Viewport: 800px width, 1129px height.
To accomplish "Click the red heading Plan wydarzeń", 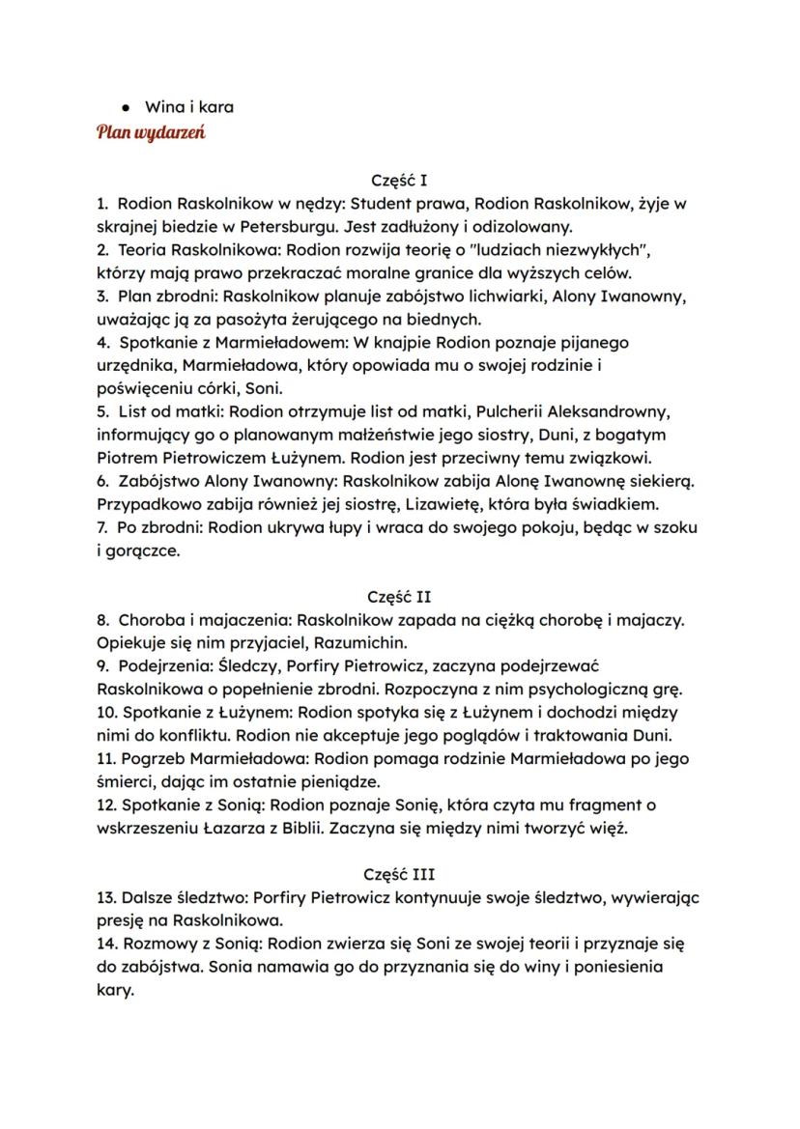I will pyautogui.click(x=151, y=132).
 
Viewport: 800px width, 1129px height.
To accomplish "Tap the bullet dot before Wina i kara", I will pyautogui.click(x=126, y=107).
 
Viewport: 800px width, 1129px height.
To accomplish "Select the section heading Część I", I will pyautogui.click(x=399, y=180).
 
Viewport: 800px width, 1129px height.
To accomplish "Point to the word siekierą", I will pyautogui.click(x=657, y=481).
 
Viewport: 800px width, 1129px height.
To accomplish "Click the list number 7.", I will pyautogui.click(x=102, y=527).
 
